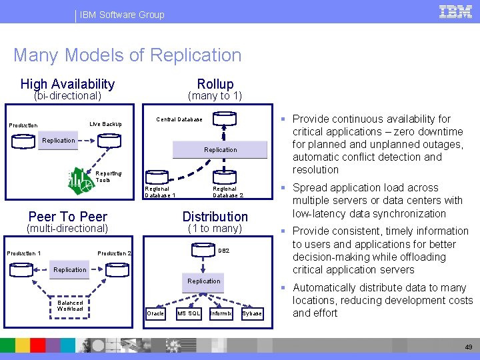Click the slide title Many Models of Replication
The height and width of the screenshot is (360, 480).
(x=127, y=55)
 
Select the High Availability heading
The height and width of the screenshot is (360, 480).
(x=67, y=84)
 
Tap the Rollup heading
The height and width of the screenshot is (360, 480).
(x=215, y=84)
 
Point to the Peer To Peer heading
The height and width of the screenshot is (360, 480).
(x=68, y=217)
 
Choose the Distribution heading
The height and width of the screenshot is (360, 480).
(x=215, y=217)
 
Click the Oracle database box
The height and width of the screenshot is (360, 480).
(x=155, y=313)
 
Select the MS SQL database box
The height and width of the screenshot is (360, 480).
(x=189, y=313)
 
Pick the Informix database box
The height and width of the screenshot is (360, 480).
(x=221, y=313)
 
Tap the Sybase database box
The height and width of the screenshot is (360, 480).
(x=252, y=313)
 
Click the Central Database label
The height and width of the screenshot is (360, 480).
(x=179, y=120)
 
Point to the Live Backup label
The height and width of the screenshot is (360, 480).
(x=105, y=124)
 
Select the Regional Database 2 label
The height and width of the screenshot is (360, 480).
(x=227, y=192)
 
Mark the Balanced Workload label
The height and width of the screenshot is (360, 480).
(x=70, y=305)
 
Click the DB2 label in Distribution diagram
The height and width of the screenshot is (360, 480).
(x=224, y=251)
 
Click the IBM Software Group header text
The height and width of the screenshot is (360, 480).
(x=121, y=15)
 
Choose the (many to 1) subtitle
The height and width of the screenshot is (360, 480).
(x=215, y=97)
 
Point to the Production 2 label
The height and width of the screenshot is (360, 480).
(x=115, y=253)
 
